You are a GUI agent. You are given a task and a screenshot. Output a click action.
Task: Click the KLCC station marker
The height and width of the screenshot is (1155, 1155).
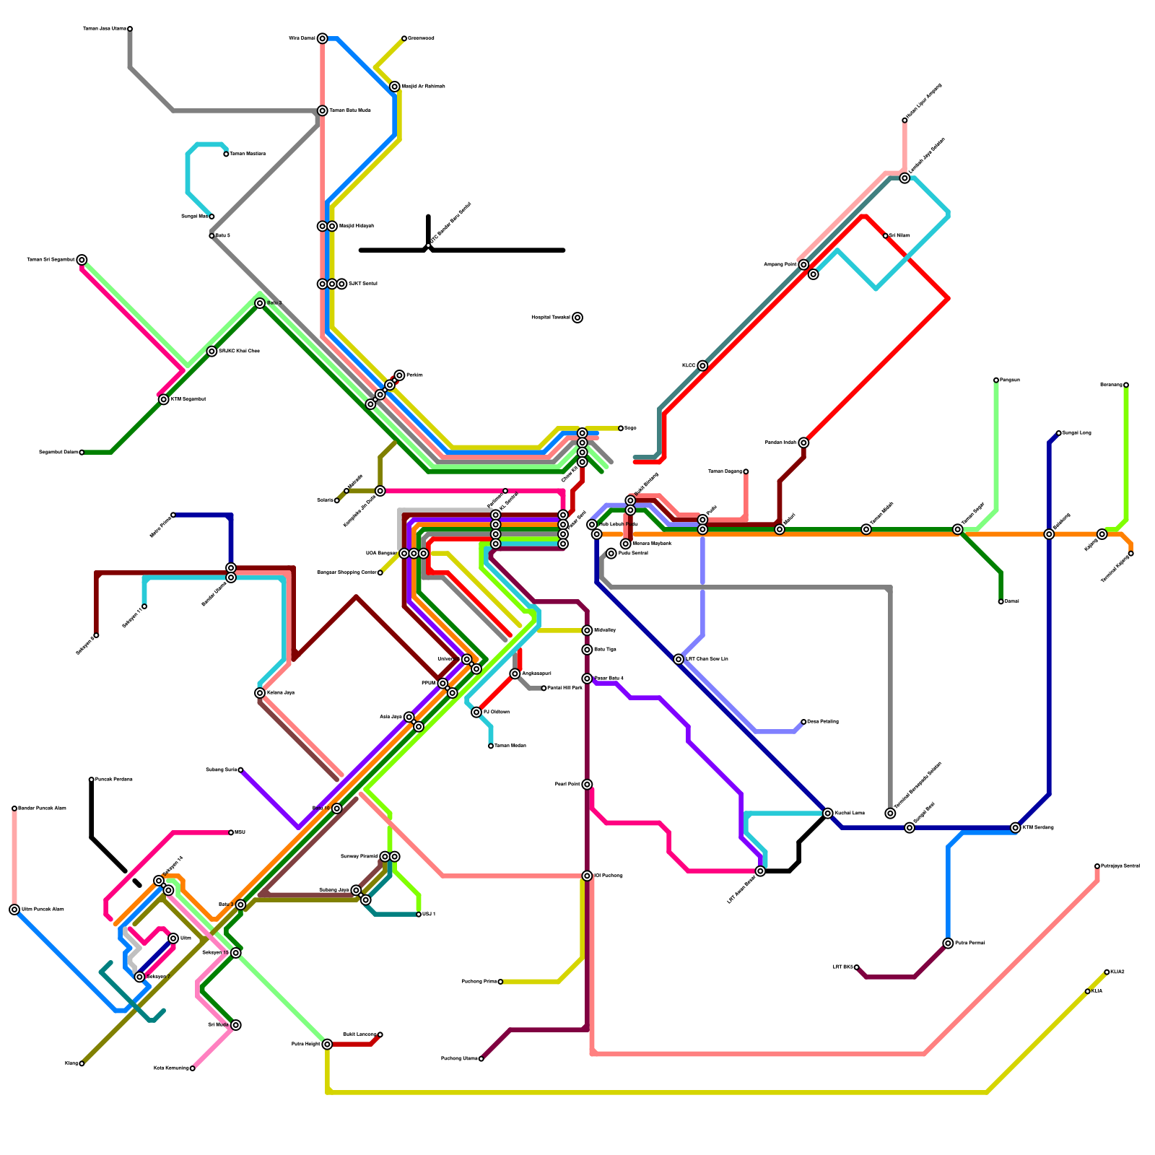[x=702, y=366]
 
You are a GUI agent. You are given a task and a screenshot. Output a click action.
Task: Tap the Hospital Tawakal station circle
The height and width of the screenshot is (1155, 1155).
[x=577, y=318]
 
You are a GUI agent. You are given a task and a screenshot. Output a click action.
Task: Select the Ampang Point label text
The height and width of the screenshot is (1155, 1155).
[x=780, y=265]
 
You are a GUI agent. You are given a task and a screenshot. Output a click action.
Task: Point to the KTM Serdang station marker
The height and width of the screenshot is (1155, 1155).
[x=1016, y=828]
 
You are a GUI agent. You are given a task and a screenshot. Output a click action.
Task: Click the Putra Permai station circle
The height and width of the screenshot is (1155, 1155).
[x=948, y=943]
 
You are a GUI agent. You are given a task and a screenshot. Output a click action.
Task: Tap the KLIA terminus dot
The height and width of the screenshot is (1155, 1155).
[x=1088, y=992]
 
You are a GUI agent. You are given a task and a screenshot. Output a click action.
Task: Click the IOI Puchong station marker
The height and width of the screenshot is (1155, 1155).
[x=588, y=876]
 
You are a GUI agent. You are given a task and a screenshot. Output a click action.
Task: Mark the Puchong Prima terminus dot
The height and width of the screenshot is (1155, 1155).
[x=500, y=982]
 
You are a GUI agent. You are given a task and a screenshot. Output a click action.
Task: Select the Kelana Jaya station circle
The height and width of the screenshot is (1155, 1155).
[x=260, y=693]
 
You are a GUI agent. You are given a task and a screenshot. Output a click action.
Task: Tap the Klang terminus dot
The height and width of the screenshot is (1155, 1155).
[x=82, y=1063]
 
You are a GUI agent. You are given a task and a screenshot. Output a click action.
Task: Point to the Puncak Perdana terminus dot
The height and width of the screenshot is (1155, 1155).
[x=92, y=780]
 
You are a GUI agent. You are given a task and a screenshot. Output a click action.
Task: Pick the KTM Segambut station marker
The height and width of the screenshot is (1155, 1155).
[x=164, y=399]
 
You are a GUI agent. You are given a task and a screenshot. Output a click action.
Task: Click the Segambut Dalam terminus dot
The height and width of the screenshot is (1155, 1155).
[x=82, y=453]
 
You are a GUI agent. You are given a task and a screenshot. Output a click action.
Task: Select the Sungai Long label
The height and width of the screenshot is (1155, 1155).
[x=1076, y=433]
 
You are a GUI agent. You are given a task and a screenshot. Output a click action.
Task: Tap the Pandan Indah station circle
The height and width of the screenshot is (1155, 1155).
[x=803, y=443]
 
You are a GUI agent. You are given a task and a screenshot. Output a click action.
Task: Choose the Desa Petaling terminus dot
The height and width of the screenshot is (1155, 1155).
[x=803, y=722]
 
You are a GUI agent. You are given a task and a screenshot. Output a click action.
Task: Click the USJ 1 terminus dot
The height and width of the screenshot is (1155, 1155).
[x=419, y=915]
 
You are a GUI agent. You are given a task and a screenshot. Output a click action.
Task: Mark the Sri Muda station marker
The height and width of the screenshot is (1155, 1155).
[x=236, y=1025]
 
